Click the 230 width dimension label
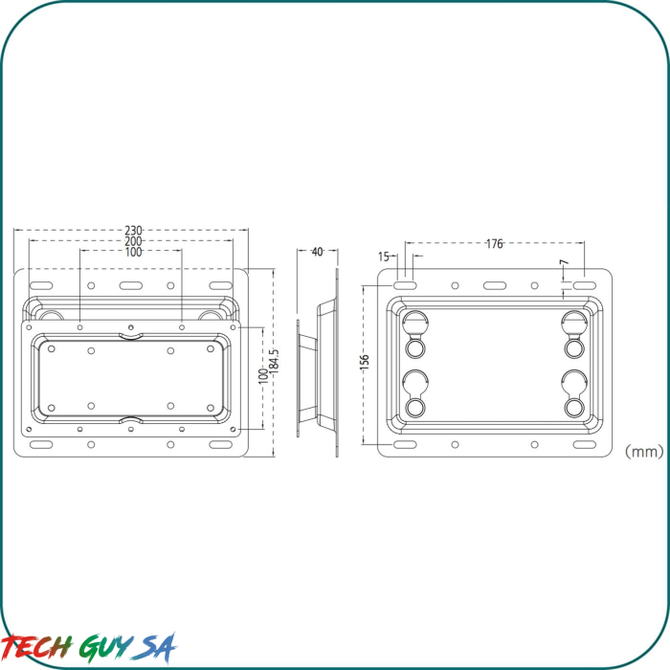[133, 231]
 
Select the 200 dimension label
[133, 241]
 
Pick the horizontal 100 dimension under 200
[133, 252]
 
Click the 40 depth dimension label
[318, 252]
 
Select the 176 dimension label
[494, 244]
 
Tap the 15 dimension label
[384, 257]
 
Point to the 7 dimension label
[564, 262]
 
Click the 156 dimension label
[364, 362]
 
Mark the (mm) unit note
[643, 448]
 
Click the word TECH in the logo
[37, 647]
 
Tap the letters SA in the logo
[157, 647]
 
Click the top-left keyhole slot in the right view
[415, 325]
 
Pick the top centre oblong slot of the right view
[495, 285]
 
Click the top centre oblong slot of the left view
[131, 286]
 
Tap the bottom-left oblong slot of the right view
[404, 444]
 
